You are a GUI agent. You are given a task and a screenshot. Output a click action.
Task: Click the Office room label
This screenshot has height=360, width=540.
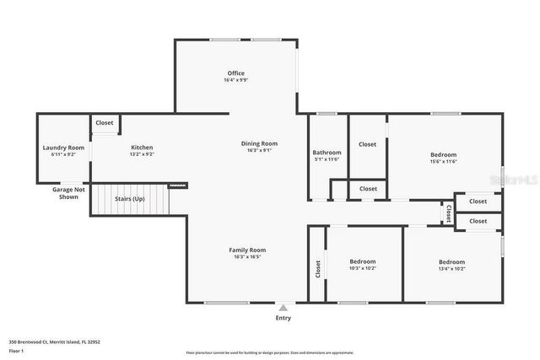coord(235,73)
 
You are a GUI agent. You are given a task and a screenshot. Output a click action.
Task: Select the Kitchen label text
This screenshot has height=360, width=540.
coord(141,148)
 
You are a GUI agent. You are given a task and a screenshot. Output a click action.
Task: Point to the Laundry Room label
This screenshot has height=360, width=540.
coord(63,148)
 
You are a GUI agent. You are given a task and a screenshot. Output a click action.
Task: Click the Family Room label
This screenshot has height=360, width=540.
coord(247,250)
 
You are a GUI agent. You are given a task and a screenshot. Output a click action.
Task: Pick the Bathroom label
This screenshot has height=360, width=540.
coord(326,153)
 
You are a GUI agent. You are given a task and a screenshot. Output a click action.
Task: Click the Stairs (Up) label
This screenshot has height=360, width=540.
coord(129,200)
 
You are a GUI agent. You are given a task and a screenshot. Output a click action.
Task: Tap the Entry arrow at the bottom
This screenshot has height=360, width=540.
coord(283,309)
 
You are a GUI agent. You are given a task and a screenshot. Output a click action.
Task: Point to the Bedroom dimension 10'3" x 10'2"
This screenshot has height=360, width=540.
coord(363,268)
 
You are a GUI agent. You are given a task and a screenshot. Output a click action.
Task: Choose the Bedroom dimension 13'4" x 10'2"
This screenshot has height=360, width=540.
coord(451,268)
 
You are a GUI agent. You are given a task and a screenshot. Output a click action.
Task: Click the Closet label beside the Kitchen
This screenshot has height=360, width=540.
coord(105,123)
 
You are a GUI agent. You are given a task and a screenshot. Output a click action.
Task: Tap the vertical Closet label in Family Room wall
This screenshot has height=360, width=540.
coord(318,269)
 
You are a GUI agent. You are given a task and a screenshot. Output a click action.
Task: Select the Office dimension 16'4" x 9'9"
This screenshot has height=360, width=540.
coord(235,80)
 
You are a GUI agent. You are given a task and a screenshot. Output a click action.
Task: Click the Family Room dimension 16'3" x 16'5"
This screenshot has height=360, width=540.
coord(247,257)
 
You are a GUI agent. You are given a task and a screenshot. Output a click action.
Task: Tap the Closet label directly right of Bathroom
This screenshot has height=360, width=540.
coord(367,144)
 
